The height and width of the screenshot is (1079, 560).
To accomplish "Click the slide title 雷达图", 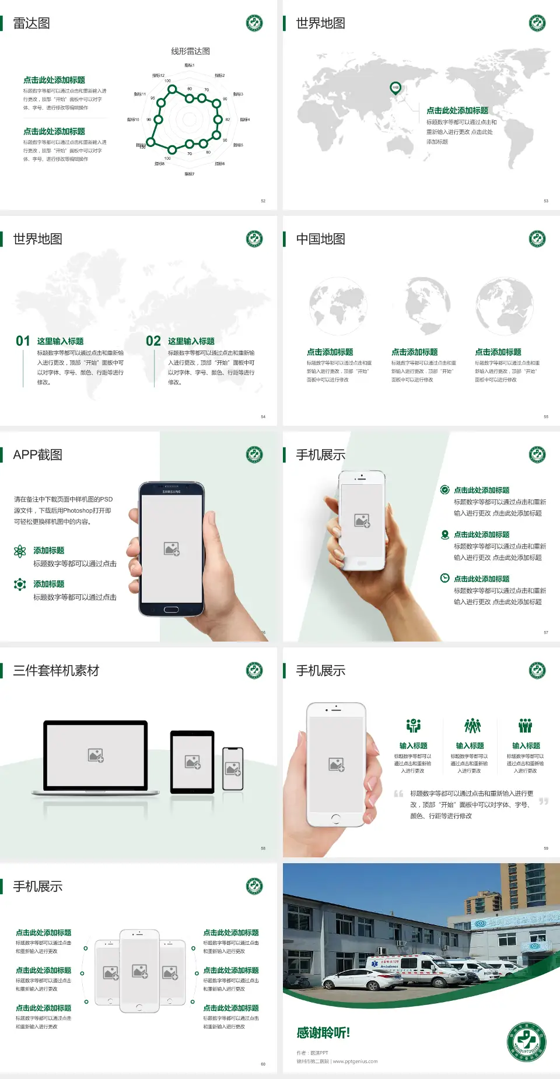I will pyautogui.click(x=32, y=23).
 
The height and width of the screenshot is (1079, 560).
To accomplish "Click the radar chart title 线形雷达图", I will pyautogui.click(x=190, y=51).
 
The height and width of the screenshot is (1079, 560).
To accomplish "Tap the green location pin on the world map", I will pyautogui.click(x=395, y=88).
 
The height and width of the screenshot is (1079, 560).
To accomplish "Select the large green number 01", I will pyautogui.click(x=23, y=341).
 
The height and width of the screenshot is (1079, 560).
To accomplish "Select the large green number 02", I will pyautogui.click(x=153, y=341).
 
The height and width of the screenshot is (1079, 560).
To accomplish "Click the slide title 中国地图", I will pyautogui.click(x=320, y=239).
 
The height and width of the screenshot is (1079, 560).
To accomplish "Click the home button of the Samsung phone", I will pyautogui.click(x=171, y=609).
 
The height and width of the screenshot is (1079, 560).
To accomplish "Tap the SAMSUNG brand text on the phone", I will pyautogui.click(x=171, y=492).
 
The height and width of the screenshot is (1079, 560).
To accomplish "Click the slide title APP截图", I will pyautogui.click(x=37, y=455).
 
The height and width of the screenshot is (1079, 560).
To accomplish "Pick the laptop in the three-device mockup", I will pyautogui.click(x=96, y=757).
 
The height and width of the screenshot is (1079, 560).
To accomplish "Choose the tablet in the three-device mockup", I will pyautogui.click(x=192, y=761).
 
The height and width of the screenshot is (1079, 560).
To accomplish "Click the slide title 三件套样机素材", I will pyautogui.click(x=56, y=671).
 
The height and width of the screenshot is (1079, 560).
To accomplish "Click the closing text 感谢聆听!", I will pyautogui.click(x=323, y=1033).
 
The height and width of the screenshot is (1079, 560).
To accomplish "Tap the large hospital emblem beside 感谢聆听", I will pyautogui.click(x=526, y=1042).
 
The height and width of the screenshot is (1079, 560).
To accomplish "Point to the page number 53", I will pyautogui.click(x=546, y=201).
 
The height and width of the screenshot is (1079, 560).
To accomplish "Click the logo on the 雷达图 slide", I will pyautogui.click(x=254, y=23).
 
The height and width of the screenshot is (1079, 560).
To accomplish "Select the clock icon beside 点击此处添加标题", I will pyautogui.click(x=444, y=578).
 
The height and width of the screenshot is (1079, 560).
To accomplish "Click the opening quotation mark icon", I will pyautogui.click(x=398, y=793).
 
